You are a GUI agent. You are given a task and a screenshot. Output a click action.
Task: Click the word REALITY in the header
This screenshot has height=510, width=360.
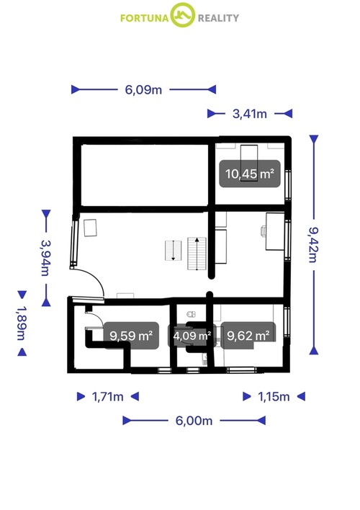(x=217, y=17)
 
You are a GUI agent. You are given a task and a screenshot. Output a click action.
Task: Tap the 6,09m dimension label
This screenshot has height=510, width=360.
(x=143, y=89)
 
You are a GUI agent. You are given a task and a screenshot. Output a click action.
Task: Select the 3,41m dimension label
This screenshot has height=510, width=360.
(x=249, y=113)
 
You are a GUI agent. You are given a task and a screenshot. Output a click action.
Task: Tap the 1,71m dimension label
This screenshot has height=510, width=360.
(x=107, y=396)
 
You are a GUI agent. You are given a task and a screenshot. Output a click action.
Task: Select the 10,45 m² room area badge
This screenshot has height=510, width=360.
(x=250, y=174)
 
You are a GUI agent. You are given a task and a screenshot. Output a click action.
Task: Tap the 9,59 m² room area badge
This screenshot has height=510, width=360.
(x=130, y=335)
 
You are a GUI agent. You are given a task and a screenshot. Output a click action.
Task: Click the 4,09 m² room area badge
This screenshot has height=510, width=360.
(x=190, y=336)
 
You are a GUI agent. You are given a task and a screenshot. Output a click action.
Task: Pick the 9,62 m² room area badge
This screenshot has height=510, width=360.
(x=248, y=335)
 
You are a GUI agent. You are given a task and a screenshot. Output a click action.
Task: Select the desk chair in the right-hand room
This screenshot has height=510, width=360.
(x=264, y=231)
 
